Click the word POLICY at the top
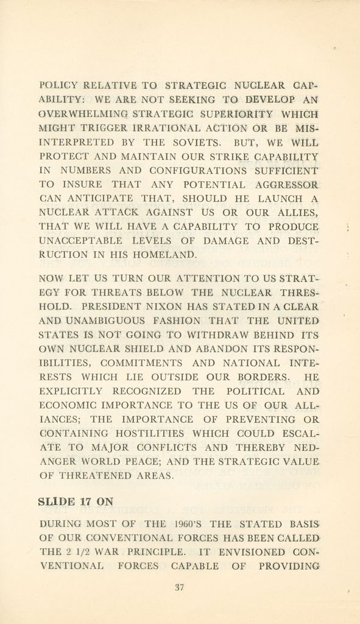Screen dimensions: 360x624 (x=58, y=85)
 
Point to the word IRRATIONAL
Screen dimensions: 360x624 (x=175, y=128)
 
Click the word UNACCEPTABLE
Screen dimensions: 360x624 (x=80, y=241)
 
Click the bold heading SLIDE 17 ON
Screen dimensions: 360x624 (x=76, y=502)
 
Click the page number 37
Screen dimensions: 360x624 (x=179, y=587)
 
